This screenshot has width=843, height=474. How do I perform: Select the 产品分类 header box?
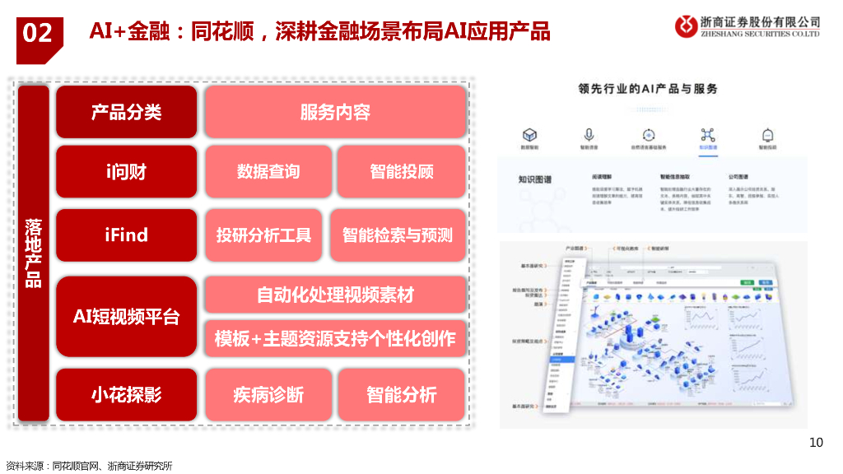point(127,112)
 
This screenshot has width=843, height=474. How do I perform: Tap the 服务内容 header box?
point(335,112)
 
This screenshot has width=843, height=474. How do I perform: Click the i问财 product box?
point(127,172)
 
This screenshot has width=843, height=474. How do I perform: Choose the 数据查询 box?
point(268,172)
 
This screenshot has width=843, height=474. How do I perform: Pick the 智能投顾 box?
point(402,172)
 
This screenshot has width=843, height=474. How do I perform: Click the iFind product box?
point(127,235)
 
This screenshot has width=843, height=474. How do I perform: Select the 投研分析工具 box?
point(263,235)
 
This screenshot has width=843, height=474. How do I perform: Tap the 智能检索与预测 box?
point(398,235)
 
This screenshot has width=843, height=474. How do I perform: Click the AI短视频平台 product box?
point(127,317)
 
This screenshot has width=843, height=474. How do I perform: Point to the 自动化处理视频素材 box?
point(335,295)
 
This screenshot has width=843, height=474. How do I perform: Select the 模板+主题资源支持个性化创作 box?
point(335,338)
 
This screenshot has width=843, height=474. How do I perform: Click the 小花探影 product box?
point(127,395)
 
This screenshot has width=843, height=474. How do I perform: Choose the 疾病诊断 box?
point(268,395)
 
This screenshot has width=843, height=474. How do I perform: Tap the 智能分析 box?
point(402,395)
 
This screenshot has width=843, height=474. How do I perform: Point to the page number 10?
point(816,443)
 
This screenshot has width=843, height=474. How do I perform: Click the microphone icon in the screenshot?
point(589,135)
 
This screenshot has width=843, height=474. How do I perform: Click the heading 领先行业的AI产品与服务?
point(648,89)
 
